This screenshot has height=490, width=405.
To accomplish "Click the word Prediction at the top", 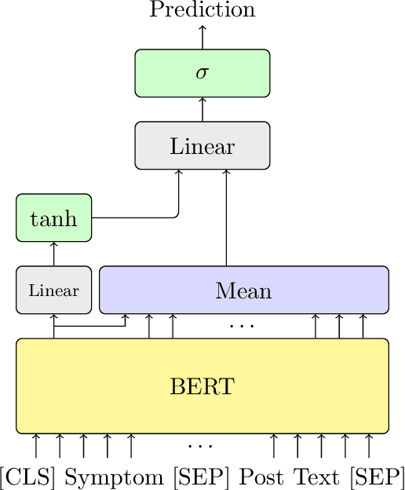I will click(202, 10).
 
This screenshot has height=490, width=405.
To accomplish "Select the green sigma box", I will click(202, 73).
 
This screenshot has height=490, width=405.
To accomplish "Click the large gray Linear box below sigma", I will click(202, 145).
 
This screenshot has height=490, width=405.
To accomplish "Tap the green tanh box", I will click(53, 218).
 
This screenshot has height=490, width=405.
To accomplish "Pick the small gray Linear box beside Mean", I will click(53, 290).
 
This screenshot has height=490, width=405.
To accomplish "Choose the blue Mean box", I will click(243, 290).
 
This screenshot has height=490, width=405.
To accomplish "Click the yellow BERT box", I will click(202, 386).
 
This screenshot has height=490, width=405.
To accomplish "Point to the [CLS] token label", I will click(28, 477).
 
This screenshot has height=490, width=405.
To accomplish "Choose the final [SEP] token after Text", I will click(377, 477).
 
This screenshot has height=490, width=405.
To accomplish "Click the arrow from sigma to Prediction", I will click(202, 37).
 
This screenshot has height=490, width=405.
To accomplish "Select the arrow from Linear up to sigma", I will click(202, 109).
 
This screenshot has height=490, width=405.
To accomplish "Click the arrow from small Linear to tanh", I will click(53, 254).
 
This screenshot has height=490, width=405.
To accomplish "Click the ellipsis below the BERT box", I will click(200, 446).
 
